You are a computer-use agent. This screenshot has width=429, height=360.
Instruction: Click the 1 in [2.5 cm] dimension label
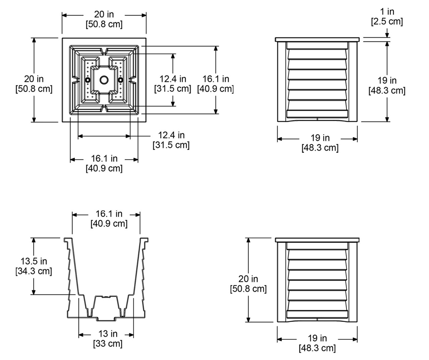tap(387, 16)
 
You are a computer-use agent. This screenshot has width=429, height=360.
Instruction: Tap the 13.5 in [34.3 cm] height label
tap(34, 266)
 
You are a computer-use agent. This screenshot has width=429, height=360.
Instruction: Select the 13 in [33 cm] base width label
tap(108, 339)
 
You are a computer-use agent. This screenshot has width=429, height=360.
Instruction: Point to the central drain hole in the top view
tap(104, 80)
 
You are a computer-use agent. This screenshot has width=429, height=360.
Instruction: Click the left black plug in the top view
tap(88, 80)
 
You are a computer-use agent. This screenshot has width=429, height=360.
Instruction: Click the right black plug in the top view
tap(121, 80)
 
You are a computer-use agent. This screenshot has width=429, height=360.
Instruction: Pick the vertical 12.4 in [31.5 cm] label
tap(173, 84)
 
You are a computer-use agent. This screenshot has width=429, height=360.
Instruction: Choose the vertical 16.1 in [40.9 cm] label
tap(216, 84)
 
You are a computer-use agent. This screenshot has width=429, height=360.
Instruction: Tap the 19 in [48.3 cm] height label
tap(387, 85)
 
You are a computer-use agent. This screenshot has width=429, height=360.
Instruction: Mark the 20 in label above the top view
tap(104, 14)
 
